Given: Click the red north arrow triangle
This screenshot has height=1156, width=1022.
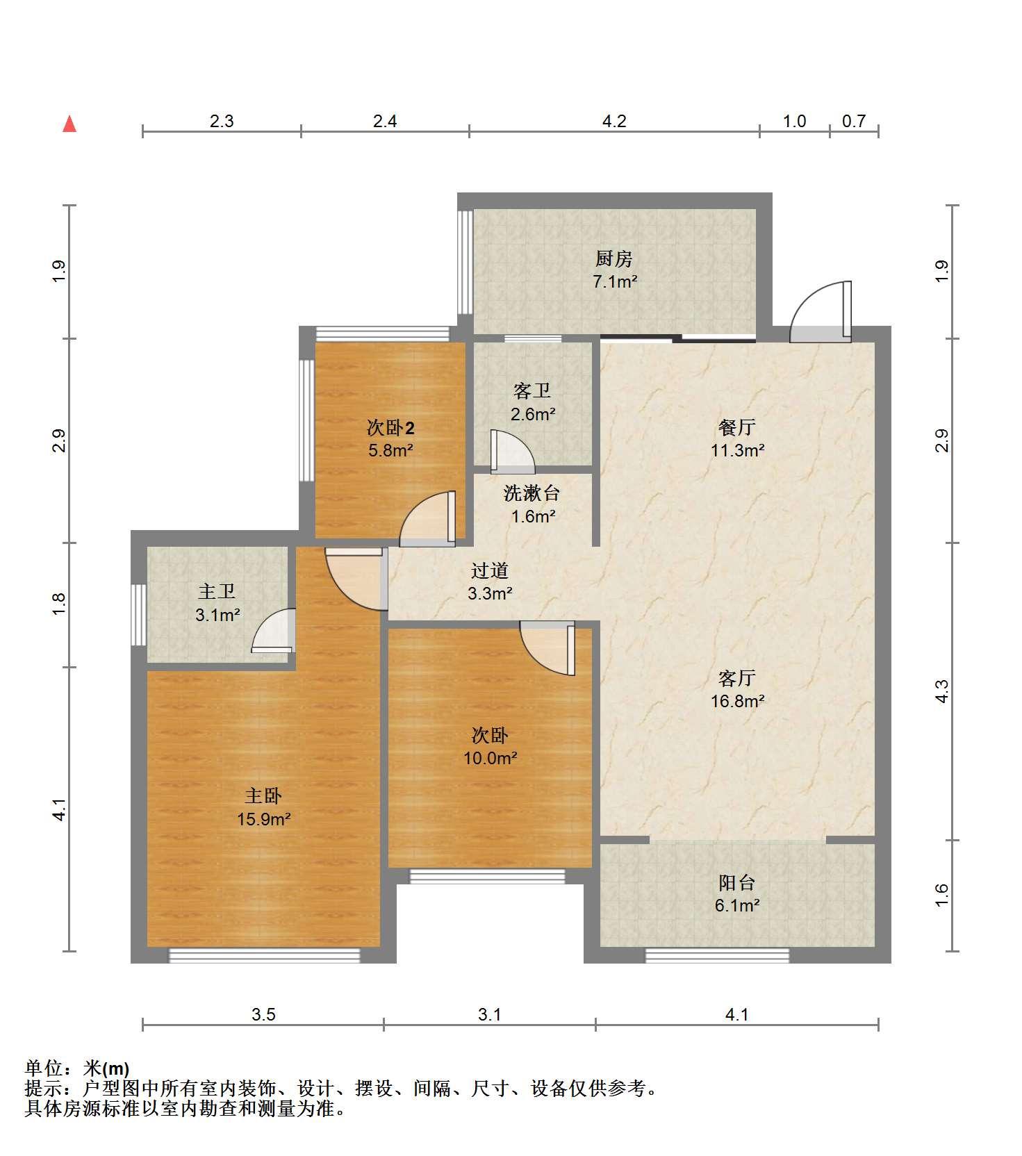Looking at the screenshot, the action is click(x=69, y=124).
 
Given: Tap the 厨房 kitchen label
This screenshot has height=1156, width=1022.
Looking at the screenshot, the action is click(x=614, y=259).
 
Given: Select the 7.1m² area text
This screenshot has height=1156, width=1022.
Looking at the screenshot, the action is click(x=614, y=281).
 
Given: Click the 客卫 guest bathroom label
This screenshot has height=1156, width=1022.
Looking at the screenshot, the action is click(x=532, y=391).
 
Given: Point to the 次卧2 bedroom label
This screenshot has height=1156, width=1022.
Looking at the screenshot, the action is click(x=390, y=427).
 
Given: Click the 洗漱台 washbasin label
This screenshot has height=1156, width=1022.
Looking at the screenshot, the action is click(x=532, y=493).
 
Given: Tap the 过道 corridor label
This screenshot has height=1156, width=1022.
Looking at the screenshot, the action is click(x=490, y=570).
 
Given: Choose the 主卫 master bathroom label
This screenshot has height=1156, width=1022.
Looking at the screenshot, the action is click(x=217, y=591).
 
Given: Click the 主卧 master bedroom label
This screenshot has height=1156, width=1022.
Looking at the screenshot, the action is click(x=263, y=795).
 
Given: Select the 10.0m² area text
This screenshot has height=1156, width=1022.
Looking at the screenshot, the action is click(x=490, y=758).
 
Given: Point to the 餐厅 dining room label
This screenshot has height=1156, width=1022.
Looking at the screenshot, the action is click(x=737, y=427).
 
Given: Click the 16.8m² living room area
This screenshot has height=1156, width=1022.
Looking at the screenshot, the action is click(x=737, y=701).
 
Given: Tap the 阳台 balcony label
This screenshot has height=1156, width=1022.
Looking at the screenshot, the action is click(x=736, y=883).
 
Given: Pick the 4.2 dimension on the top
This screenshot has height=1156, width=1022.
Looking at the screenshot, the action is click(x=614, y=122).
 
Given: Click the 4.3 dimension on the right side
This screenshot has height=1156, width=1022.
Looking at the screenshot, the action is click(x=941, y=691).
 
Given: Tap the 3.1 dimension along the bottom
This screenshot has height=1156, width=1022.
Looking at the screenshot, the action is click(x=490, y=1015).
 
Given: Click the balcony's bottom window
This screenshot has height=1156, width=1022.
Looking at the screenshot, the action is click(x=717, y=955).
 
